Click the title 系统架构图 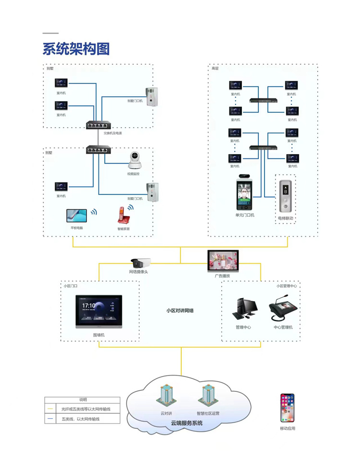coord(76,49)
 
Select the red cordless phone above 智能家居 coord(123,215)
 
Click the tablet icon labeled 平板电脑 coord(77,215)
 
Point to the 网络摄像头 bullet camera coord(141,263)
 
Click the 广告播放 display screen coord(222,261)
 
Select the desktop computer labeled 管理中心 coord(243,310)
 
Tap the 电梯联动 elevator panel coord(285,196)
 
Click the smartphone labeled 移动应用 coord(288,408)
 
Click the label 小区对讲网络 coord(180,311)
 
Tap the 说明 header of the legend coord(83,400)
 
